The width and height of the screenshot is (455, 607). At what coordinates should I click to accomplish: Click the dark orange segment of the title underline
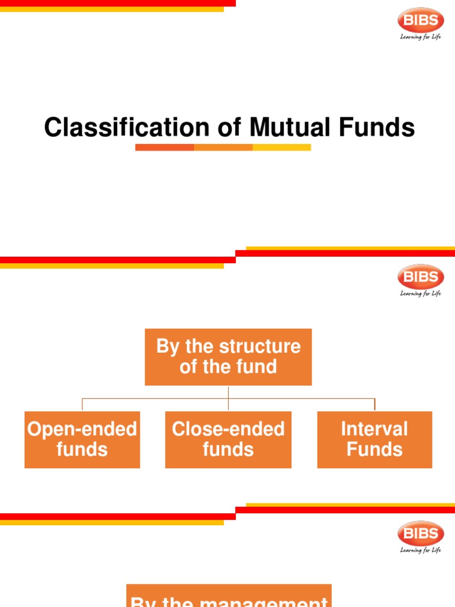(164, 147)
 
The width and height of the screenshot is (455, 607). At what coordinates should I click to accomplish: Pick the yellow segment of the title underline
(281, 147)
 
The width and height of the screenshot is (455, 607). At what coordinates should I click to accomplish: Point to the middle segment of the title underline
(223, 147)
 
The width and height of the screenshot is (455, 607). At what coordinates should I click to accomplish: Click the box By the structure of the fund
(228, 357)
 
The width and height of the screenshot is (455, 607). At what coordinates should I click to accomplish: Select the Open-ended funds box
(82, 439)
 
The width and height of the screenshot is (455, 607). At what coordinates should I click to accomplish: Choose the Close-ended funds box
(228, 439)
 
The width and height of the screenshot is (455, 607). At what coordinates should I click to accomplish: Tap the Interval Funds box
(374, 439)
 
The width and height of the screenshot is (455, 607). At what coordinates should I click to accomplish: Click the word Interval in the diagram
(374, 429)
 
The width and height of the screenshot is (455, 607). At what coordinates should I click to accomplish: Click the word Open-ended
(82, 429)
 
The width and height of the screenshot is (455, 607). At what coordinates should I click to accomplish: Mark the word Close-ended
(228, 429)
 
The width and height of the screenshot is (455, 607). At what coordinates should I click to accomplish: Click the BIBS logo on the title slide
(420, 21)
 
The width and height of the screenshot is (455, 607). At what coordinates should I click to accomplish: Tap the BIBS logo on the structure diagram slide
(420, 277)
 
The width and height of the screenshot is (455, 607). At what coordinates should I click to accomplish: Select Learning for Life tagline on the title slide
(420, 37)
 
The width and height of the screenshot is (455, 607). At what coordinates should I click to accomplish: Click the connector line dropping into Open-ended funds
(82, 405)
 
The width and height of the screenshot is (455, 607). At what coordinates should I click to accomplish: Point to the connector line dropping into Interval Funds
(374, 405)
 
